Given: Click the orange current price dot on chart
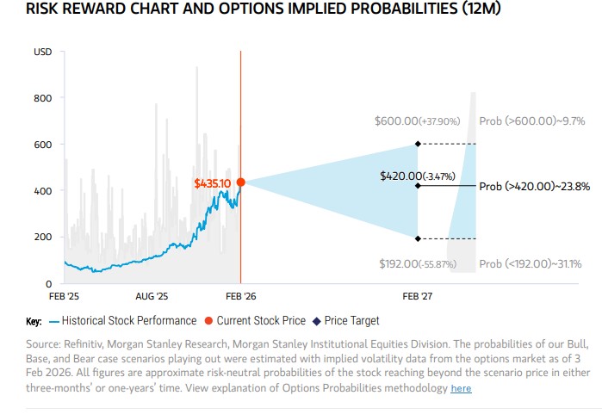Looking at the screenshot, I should point(240,182).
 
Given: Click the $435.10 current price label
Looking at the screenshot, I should point(213,183).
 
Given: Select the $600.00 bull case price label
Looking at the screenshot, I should point(418,121).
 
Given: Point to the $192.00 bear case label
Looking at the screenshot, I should point(418,263).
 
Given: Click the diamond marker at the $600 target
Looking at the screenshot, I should point(418,144).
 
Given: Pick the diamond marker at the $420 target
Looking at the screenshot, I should point(418,185).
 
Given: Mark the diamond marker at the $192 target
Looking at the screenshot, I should point(418,238).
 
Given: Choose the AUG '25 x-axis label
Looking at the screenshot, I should point(152,296).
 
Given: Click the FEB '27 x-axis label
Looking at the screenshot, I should point(418,296).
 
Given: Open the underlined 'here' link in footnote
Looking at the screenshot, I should point(461,388).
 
